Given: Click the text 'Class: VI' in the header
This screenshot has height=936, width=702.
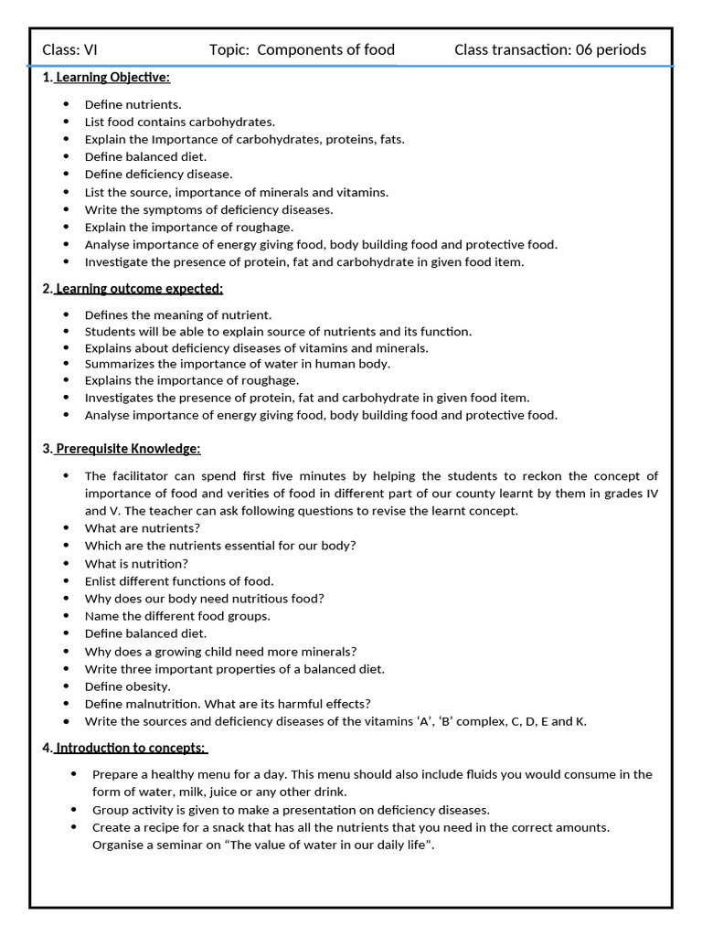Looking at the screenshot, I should click(69, 49).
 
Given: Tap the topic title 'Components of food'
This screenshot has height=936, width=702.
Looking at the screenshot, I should click(325, 49).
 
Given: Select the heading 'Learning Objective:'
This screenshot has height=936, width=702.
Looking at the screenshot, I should click(112, 78).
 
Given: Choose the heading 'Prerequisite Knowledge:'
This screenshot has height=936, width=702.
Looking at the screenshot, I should click(127, 449).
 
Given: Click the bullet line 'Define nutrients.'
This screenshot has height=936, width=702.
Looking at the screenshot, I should click(133, 105).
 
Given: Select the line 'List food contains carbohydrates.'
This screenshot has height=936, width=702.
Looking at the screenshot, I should click(179, 122).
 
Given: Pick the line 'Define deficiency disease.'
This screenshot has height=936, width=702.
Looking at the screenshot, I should click(158, 175).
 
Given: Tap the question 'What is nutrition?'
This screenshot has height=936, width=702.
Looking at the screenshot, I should click(136, 564).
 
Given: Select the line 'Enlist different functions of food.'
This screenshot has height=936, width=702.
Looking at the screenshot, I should click(179, 581).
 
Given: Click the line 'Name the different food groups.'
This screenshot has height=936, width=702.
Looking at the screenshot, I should click(177, 616).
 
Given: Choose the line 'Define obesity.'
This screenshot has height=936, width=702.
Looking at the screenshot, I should click(127, 686).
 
